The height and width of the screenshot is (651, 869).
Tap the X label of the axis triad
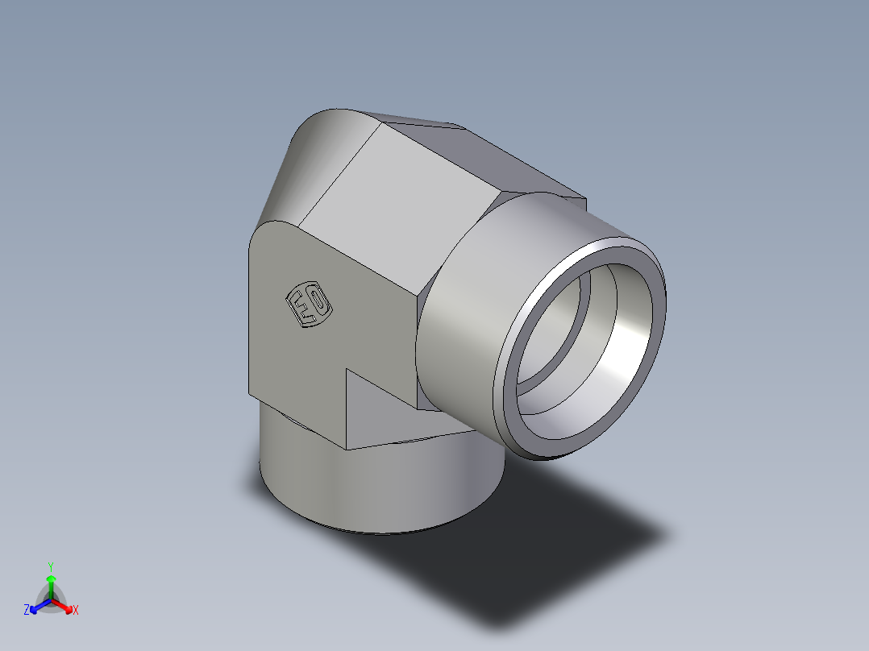point(76,611)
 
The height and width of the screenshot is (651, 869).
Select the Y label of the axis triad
point(50,566)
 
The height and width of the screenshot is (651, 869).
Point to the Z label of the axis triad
point(27,611)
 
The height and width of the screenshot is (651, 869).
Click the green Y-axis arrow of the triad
point(51,582)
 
